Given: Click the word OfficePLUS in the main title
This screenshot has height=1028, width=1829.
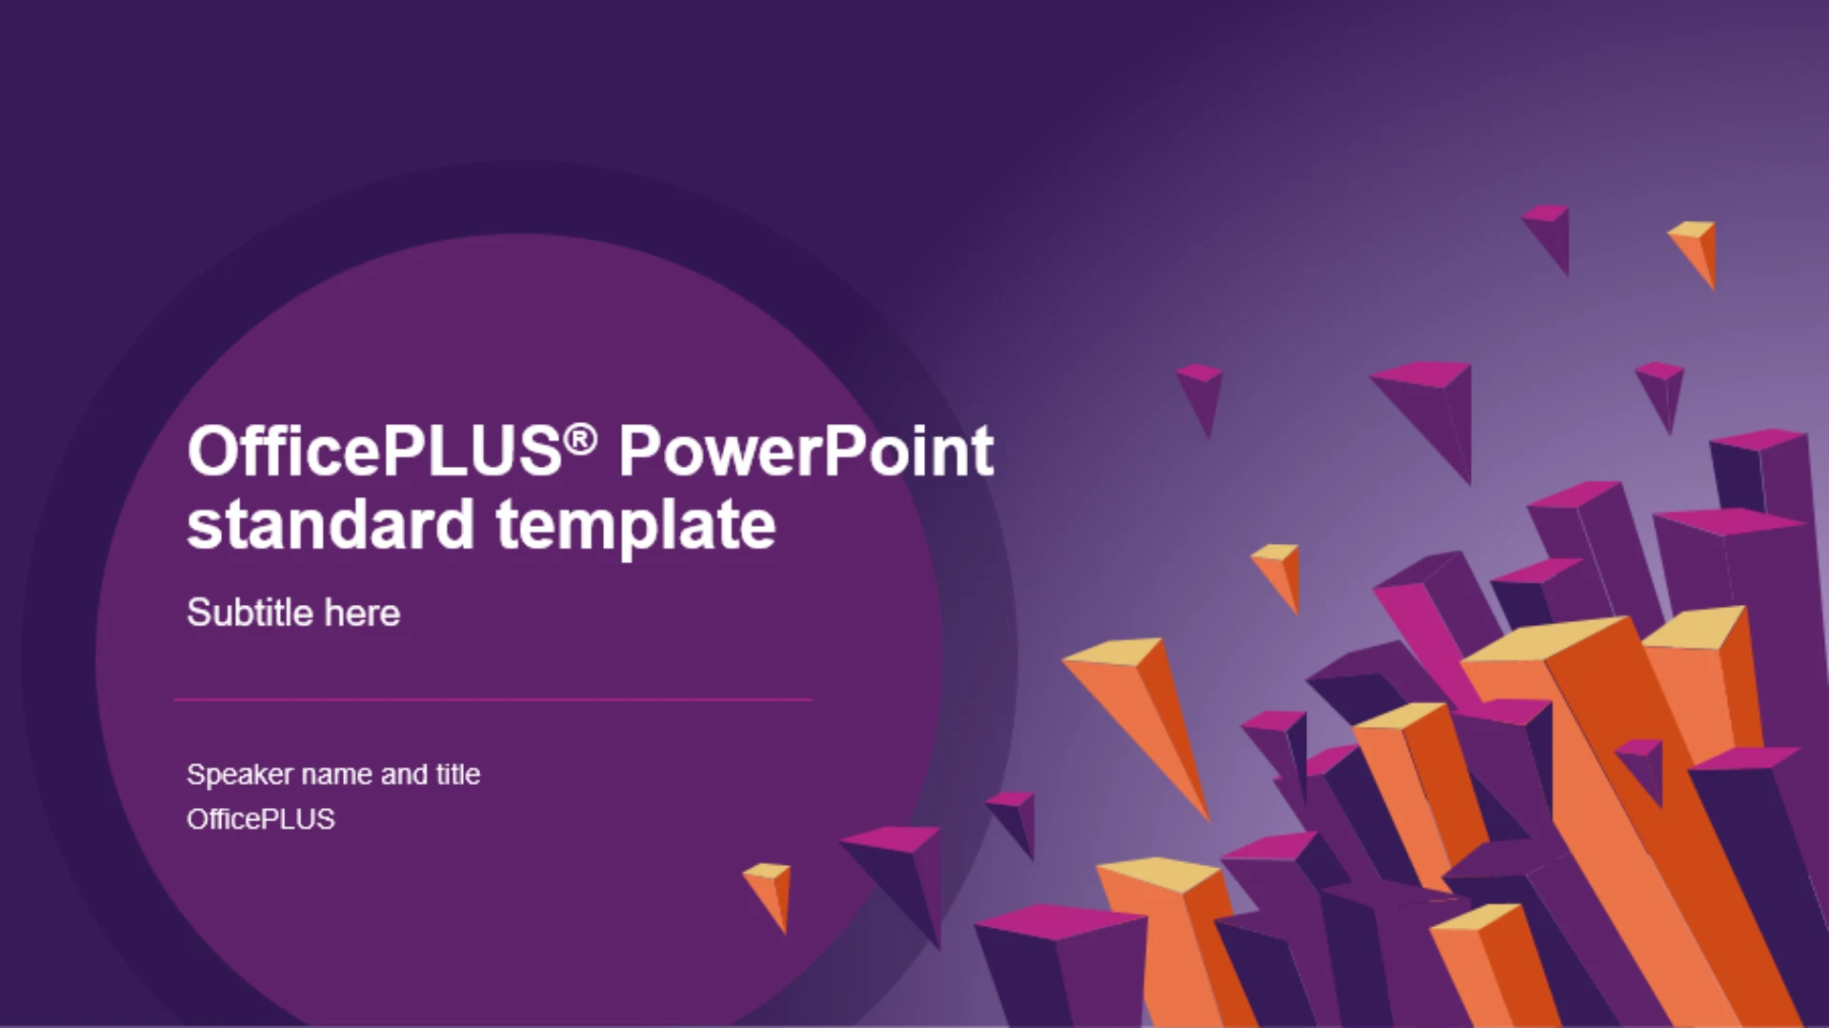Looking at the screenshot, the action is point(375,450).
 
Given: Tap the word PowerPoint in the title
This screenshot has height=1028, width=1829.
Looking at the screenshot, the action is point(806,450).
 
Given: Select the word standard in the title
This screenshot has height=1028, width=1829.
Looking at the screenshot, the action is point(331,524).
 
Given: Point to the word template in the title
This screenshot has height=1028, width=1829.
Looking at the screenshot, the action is point(635,526).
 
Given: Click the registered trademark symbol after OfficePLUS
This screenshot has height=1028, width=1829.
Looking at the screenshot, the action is point(580,439).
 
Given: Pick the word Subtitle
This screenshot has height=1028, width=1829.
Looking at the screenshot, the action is point(250,613).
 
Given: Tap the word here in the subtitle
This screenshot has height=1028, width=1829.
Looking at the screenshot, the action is point(362,614).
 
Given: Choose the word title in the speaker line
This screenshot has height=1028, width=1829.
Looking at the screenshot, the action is point(458,774).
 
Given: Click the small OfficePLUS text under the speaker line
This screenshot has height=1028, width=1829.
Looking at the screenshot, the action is point(261,819).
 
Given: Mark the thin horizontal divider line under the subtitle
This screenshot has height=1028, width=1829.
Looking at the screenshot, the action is point(492,699).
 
